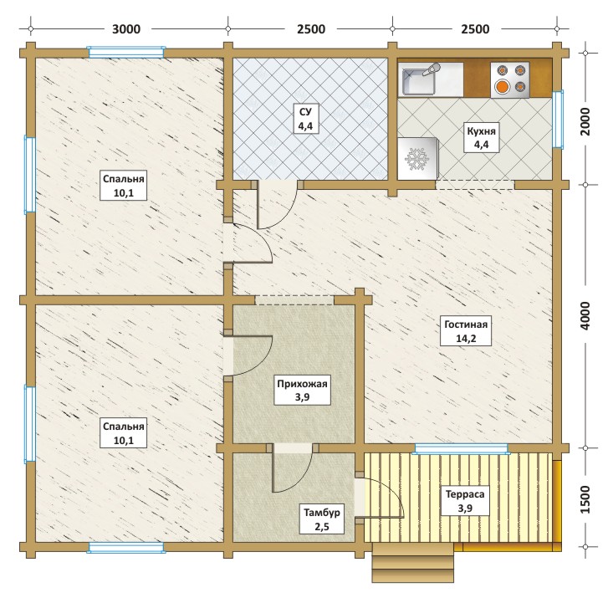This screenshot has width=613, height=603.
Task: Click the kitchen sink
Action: coord(420,79)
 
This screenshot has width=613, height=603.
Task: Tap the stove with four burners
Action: coord(510,79)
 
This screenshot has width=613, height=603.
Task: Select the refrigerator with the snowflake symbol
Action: coord(417,158)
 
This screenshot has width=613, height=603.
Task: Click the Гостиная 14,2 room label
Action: coord(466,331)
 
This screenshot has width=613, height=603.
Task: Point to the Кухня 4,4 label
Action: coord(481,138)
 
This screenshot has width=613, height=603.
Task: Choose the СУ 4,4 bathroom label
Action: coord(305,119)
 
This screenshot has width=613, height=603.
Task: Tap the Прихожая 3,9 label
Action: coord(302,391)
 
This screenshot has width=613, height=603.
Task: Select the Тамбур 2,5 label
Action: coord(322,519)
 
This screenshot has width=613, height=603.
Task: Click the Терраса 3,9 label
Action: coord(465,501)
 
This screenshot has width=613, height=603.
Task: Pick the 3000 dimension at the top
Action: coord(126,29)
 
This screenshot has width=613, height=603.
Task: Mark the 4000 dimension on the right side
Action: coord(585,316)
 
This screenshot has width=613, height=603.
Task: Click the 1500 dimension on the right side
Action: coord(585,500)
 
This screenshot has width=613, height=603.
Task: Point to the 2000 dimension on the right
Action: coord(585,121)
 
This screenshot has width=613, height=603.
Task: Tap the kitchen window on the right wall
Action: coord(558,120)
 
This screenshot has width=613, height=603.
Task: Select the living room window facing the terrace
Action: coord(462,448)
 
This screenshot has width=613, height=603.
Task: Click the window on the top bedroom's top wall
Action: coord(126,52)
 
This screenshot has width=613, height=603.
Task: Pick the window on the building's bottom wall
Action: coord(126,547)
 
